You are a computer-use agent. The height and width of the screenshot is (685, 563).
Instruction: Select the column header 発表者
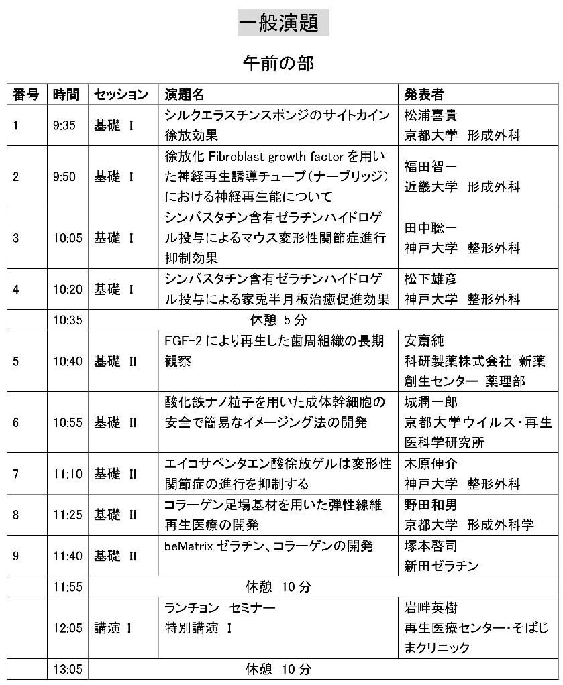(423, 94)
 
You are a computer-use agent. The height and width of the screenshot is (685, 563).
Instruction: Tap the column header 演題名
(185, 94)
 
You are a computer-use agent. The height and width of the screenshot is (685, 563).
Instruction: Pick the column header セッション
(121, 94)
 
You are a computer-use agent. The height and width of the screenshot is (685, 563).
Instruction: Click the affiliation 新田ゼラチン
(441, 566)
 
